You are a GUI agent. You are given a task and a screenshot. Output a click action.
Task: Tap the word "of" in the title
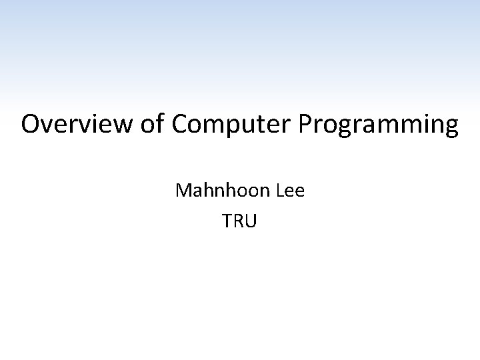[x=149, y=125]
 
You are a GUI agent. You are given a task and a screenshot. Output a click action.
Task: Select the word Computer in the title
[x=233, y=125]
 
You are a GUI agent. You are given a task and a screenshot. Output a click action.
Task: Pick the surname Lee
[x=289, y=191]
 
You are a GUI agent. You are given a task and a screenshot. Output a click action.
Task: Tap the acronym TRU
[x=239, y=221]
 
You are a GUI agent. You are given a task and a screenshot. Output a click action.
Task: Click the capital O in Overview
[x=31, y=125]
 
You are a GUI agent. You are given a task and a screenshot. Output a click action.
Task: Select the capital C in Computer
[x=180, y=125]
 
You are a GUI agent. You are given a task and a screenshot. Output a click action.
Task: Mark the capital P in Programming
[x=307, y=125]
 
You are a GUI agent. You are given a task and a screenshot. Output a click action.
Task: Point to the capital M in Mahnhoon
[x=183, y=191]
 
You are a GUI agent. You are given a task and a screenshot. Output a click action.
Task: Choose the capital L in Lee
[x=279, y=191]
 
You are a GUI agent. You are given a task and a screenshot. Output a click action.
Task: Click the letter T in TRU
[x=228, y=221]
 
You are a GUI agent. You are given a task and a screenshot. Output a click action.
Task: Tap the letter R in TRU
[x=239, y=221]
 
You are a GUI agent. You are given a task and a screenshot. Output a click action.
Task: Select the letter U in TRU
[x=250, y=221]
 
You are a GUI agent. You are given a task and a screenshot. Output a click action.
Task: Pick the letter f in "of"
[x=157, y=125]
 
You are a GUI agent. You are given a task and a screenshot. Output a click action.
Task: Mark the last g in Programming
[x=451, y=127]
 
